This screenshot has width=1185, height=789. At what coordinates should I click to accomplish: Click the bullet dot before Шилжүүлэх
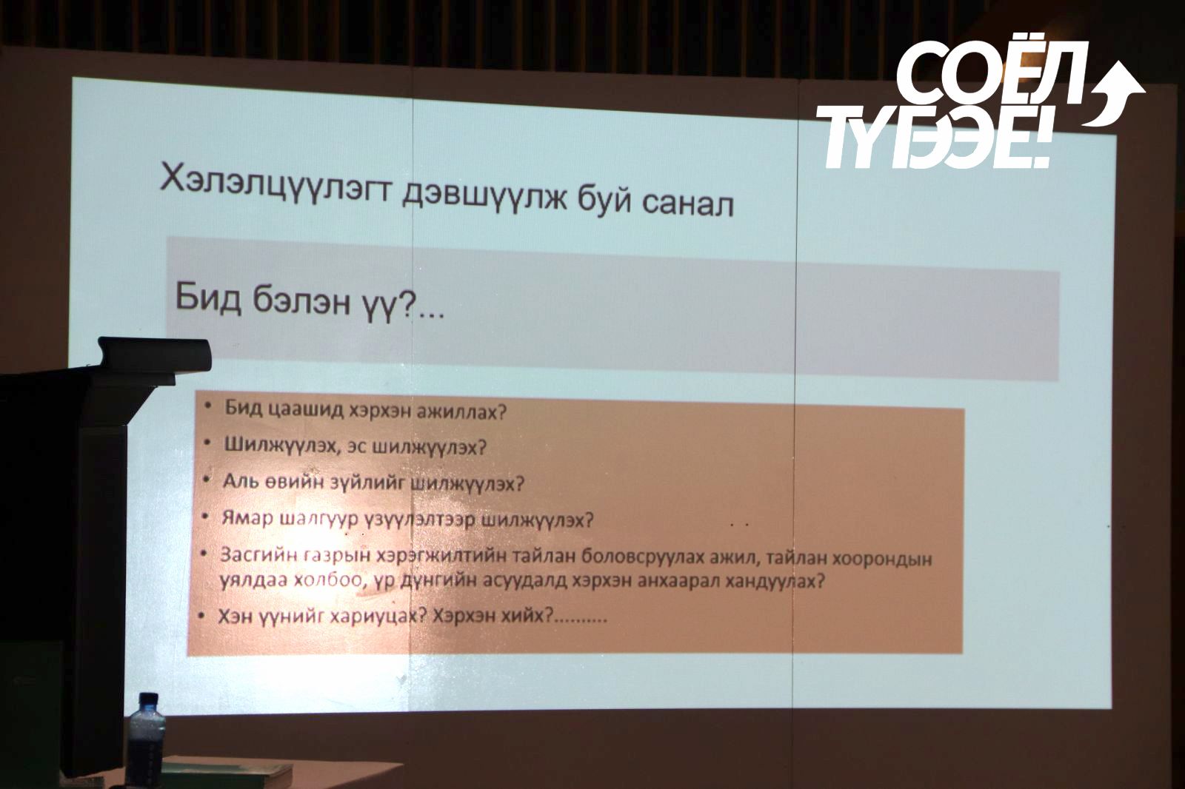pos(210,442)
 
